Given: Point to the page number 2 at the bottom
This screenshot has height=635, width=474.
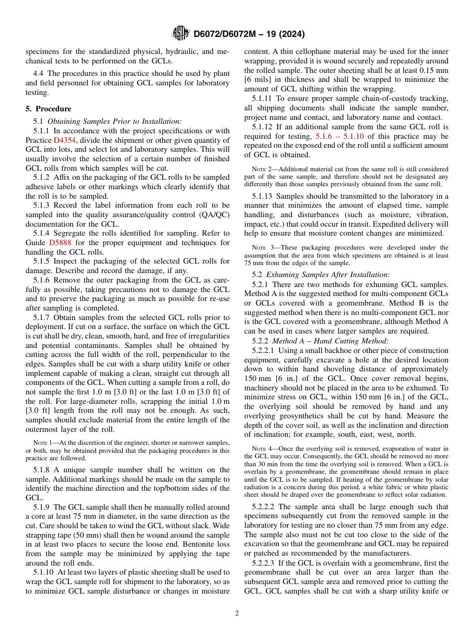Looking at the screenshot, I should coord(237,613).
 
